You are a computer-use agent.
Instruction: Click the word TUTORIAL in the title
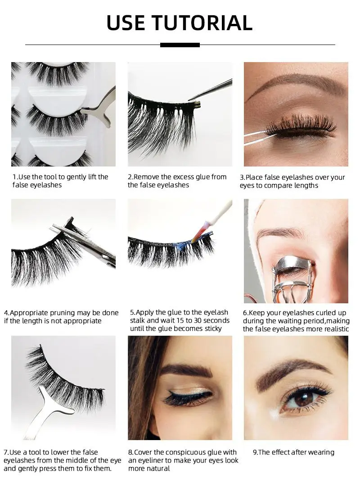pos(202,23)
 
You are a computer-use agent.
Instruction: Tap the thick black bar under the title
pos(180,45)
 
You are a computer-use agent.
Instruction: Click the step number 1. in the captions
pos(15,177)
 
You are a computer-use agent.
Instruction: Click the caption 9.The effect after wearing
pos(293,452)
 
